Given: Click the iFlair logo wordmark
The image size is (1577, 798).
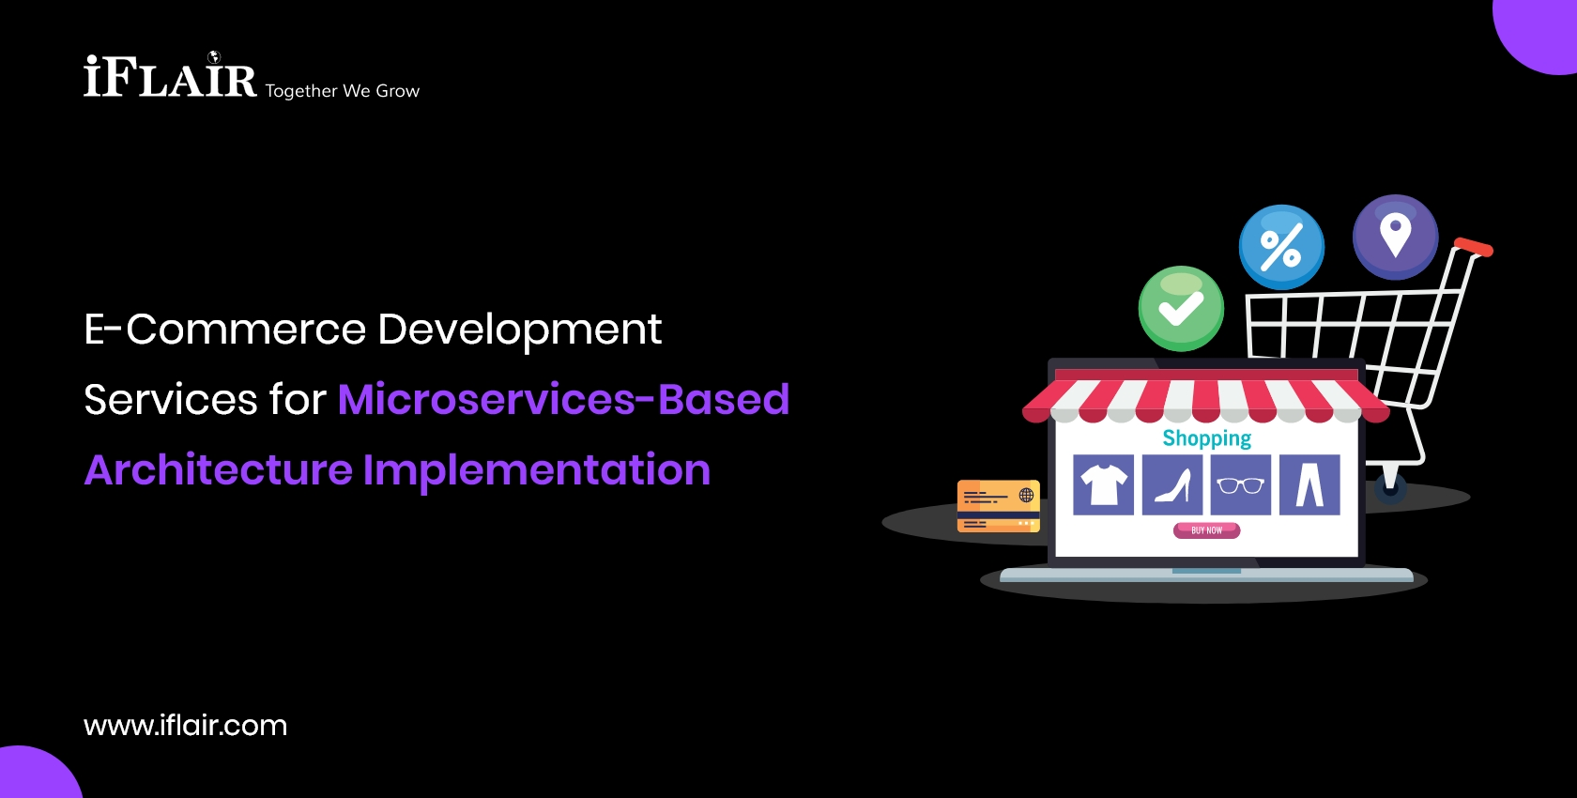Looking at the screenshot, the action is [x=170, y=75].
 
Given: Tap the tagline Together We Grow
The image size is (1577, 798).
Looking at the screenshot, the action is [x=342, y=91].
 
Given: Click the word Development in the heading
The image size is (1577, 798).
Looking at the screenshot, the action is [x=520, y=330].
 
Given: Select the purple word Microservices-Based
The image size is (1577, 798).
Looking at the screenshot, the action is [x=563, y=399].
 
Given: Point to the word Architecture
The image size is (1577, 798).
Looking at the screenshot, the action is [x=218, y=469].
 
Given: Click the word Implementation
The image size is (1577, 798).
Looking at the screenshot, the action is [x=537, y=470].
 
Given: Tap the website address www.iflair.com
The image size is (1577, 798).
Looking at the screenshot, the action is [x=185, y=726].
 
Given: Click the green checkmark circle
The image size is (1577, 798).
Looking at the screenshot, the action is [x=1181, y=309].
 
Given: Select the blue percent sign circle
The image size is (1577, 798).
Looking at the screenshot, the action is [x=1281, y=247].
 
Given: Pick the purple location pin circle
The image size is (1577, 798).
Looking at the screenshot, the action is [x=1395, y=238].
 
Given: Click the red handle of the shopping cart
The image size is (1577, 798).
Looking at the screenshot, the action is [x=1473, y=247].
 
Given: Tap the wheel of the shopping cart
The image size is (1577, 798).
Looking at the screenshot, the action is [x=1390, y=488].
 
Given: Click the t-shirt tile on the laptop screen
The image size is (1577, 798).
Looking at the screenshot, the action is [x=1103, y=484].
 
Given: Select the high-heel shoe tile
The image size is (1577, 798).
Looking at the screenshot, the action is [x=1172, y=484].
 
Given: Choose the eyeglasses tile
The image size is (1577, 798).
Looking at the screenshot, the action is [x=1241, y=484].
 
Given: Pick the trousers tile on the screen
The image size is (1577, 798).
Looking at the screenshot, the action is [x=1309, y=484].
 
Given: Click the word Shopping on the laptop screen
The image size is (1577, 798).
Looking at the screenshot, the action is [x=1207, y=438].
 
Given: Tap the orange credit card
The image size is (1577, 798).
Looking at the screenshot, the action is [x=999, y=506].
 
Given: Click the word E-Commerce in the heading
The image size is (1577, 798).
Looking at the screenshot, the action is [x=224, y=329].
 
